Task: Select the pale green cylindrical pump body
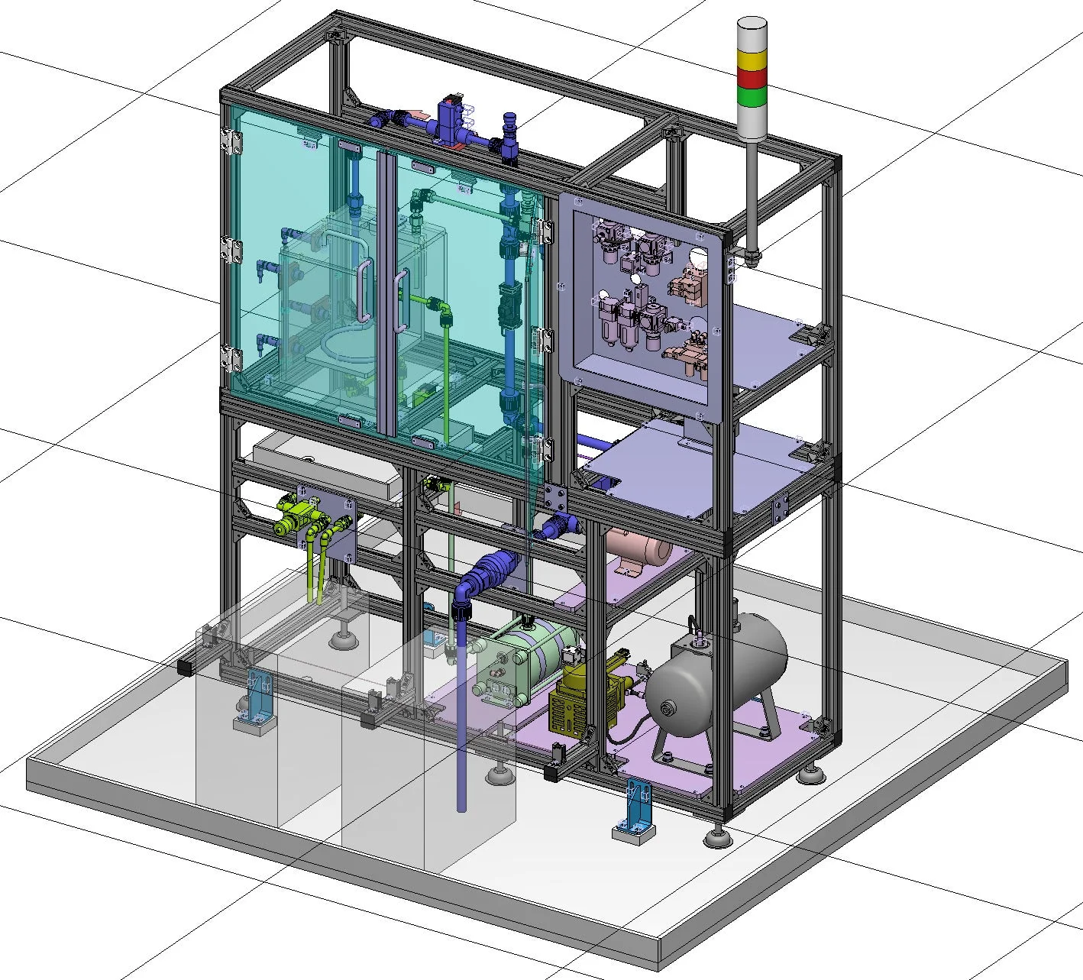(x=527, y=657)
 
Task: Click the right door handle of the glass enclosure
(x=399, y=302)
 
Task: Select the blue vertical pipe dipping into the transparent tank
(x=461, y=733)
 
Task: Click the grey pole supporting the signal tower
(x=751, y=191)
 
